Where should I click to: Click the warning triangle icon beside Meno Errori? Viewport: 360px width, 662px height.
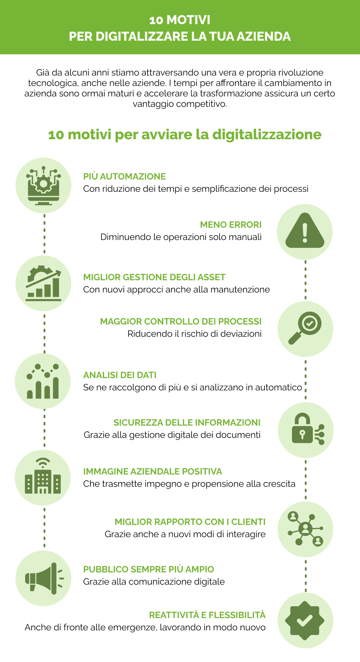tap(305, 231)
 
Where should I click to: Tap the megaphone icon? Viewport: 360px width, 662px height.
tap(43, 578)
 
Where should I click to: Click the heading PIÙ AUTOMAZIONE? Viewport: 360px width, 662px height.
tap(124, 176)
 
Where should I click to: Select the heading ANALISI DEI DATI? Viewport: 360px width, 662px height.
tap(120, 375)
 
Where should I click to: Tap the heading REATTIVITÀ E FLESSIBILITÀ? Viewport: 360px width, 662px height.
tap(207, 615)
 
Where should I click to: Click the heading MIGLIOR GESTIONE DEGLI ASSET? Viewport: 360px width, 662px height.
tap(154, 277)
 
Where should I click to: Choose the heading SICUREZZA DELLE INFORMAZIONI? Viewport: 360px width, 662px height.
tap(187, 422)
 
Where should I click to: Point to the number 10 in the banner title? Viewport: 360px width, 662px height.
tap(156, 20)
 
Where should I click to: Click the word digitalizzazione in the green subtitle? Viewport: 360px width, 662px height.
tap(267, 135)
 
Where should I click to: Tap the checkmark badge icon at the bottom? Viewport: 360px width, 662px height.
tap(305, 620)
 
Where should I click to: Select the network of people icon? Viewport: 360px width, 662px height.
tap(305, 529)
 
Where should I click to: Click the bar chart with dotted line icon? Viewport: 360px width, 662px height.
tap(43, 381)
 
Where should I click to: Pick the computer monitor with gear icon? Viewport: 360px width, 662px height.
tap(43, 185)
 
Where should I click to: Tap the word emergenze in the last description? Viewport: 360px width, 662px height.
tap(132, 627)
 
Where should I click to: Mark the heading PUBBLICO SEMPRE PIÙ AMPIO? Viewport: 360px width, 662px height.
tap(148, 569)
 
